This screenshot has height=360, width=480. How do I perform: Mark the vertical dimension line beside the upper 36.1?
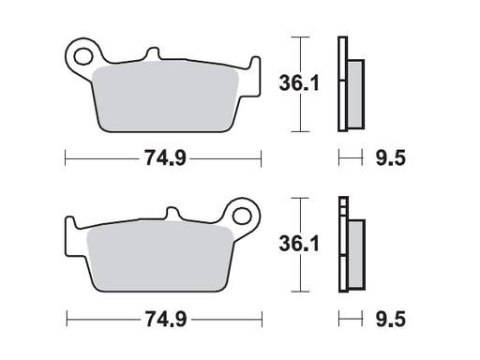[x=299, y=84]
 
